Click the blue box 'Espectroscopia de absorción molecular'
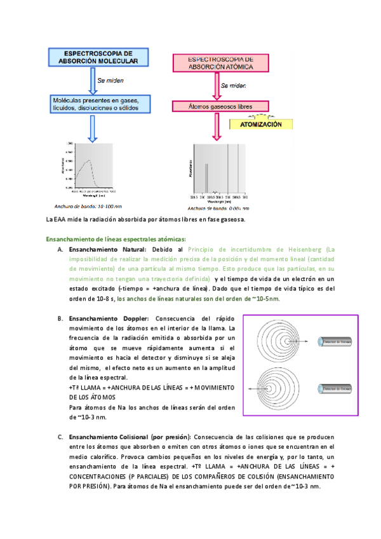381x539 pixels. click(x=93, y=57)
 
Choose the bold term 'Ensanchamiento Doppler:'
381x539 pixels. click(x=109, y=318)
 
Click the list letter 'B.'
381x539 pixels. click(x=60, y=318)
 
